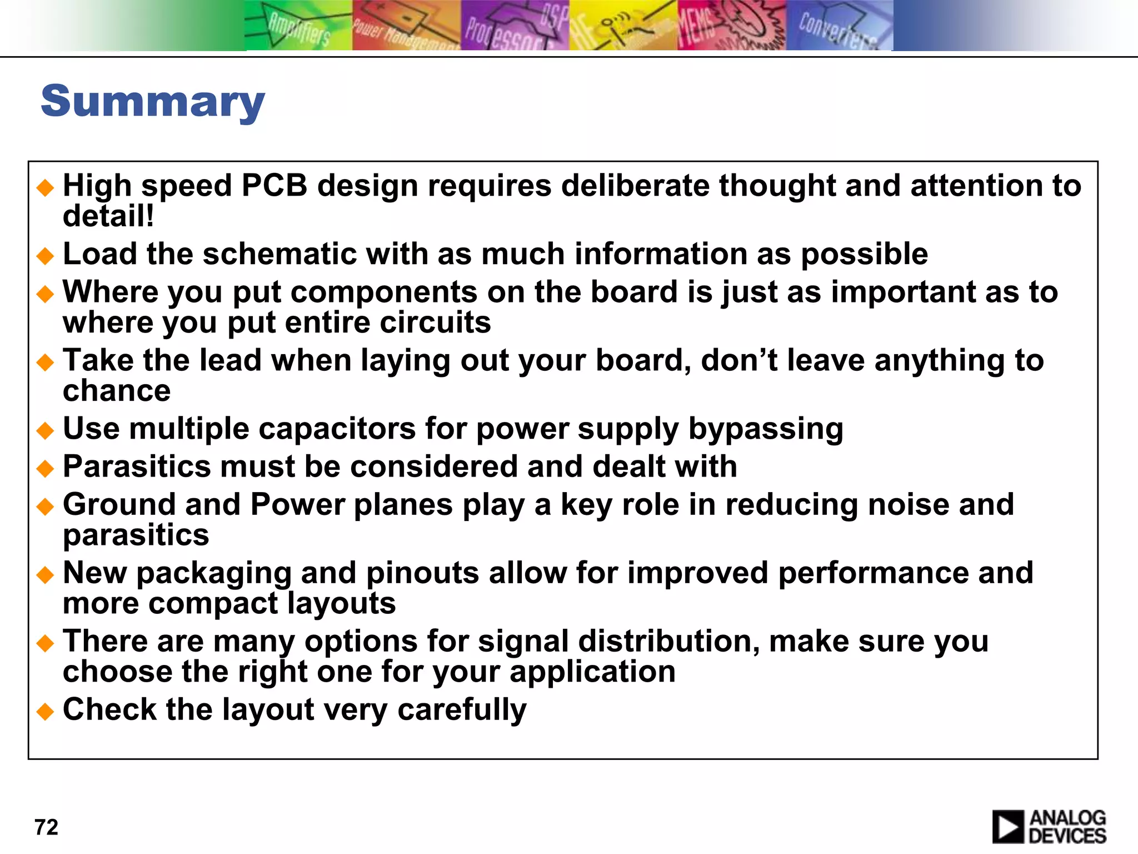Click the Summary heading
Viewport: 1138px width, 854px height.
(x=153, y=102)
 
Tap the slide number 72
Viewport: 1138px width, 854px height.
(x=46, y=827)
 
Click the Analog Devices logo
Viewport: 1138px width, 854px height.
(x=1049, y=827)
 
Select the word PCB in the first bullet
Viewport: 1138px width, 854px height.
(x=274, y=185)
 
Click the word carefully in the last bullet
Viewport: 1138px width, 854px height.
(x=462, y=710)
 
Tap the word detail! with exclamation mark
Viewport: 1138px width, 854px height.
(x=108, y=216)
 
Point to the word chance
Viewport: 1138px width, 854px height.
(x=117, y=390)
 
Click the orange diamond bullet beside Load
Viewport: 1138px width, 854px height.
(x=45, y=256)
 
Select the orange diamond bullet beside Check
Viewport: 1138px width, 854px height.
(x=45, y=711)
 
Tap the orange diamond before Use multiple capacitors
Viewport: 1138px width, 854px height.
(x=45, y=430)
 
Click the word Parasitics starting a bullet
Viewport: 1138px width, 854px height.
(x=137, y=466)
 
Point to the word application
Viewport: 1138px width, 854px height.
(x=592, y=672)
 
